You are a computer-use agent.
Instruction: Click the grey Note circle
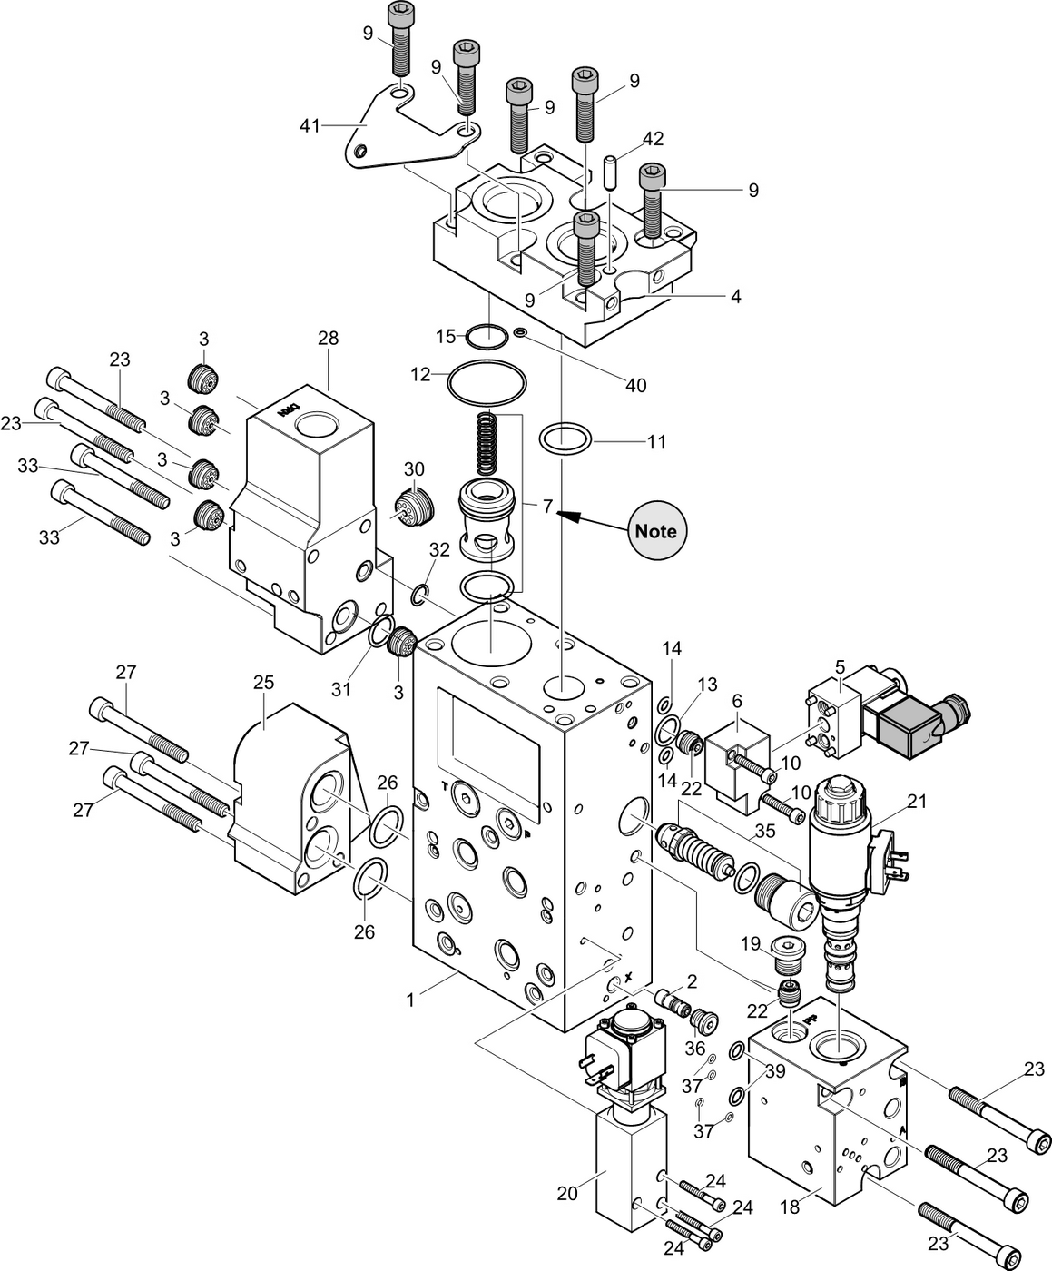point(656,530)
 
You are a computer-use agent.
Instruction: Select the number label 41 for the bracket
point(310,125)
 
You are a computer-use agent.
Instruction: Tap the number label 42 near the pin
point(653,139)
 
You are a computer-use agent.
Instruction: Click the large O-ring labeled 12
point(487,382)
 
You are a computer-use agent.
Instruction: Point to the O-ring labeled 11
point(566,438)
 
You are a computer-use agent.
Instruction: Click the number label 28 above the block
point(328,338)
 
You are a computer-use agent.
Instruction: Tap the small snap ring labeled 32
point(419,595)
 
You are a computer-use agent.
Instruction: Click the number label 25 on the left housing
point(263,682)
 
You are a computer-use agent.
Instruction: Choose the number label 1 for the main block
point(410,1000)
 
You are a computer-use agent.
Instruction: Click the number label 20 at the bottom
point(567,1194)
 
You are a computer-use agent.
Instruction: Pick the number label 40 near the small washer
point(636,386)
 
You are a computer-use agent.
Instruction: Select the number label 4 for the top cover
point(736,296)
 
